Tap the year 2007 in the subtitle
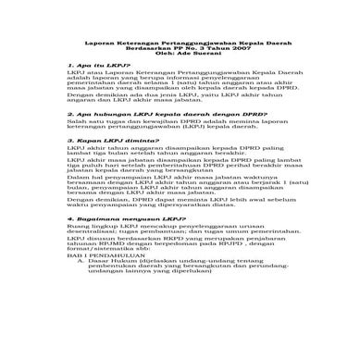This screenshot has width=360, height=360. (x=221, y=51)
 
